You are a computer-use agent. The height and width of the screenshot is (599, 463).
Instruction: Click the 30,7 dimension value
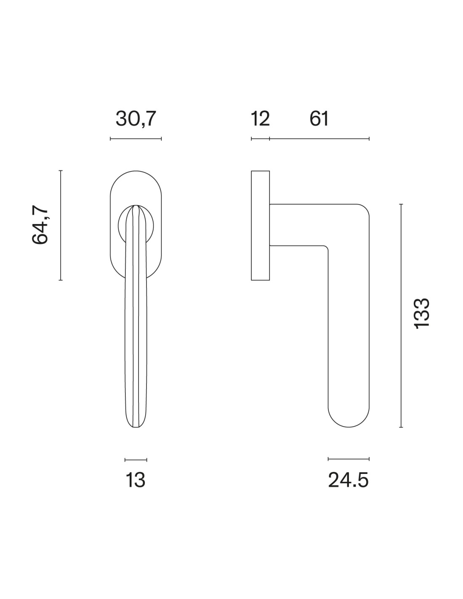coord(136,119)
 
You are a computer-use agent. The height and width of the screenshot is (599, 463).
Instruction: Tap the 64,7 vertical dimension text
coord(40,225)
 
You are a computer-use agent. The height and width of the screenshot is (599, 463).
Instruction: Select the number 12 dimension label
coord(260,119)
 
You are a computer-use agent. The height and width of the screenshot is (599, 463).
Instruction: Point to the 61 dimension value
coord(319,119)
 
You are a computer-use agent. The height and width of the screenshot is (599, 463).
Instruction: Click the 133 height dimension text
coord(422,313)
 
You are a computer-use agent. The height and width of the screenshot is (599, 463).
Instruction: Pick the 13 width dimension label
coord(135,480)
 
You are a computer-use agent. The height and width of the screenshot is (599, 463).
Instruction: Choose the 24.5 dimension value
coord(348,480)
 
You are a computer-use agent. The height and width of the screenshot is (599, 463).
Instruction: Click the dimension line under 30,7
coord(136,139)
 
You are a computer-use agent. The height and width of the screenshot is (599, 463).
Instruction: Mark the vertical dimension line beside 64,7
coord(61,225)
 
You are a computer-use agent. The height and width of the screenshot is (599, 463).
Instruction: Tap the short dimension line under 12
coord(260,139)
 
